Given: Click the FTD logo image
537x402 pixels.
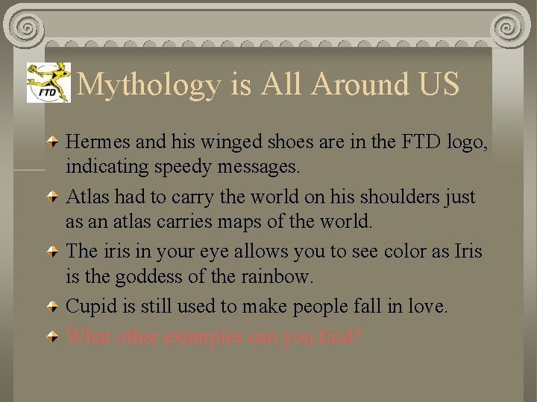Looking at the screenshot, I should point(48,82).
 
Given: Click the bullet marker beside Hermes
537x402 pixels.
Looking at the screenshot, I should point(54,140).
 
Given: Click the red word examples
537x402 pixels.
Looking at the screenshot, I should point(204,336).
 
